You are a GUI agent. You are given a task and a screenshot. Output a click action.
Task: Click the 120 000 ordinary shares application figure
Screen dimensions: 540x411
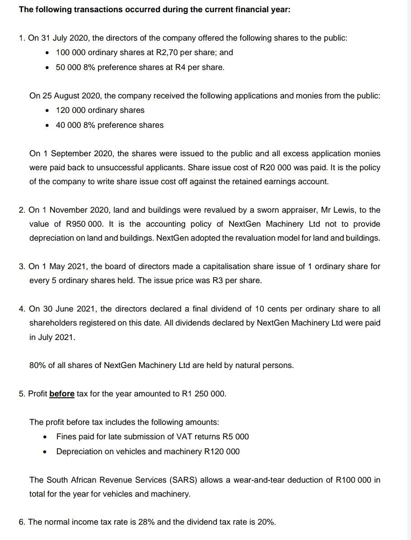[70, 110]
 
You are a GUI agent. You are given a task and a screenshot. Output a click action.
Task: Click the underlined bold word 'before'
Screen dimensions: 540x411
[62, 394]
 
